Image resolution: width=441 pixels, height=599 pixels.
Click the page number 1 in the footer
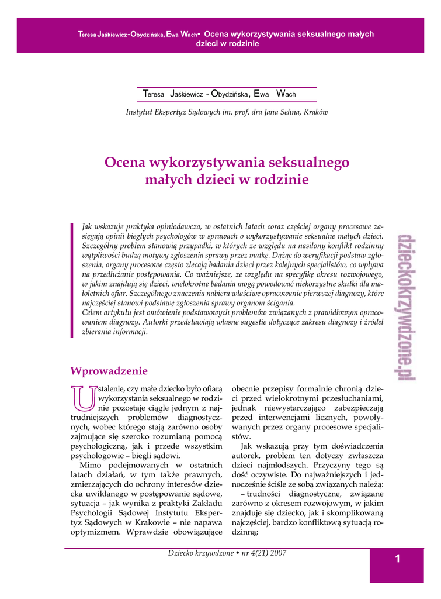(x=397, y=559)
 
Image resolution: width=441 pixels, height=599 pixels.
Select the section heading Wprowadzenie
(x=109, y=371)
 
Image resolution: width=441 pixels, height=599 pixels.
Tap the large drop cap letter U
(x=82, y=398)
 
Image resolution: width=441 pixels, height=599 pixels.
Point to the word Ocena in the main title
(x=125, y=162)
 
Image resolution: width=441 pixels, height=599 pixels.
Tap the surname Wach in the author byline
(x=286, y=94)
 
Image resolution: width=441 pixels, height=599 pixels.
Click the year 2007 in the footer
(x=275, y=553)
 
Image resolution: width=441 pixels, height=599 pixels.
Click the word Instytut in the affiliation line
(x=139, y=112)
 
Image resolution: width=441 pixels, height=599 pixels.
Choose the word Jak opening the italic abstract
(x=88, y=225)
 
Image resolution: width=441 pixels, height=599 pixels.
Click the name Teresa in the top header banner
(x=88, y=35)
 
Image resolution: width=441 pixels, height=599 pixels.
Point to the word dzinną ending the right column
(x=245, y=532)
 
